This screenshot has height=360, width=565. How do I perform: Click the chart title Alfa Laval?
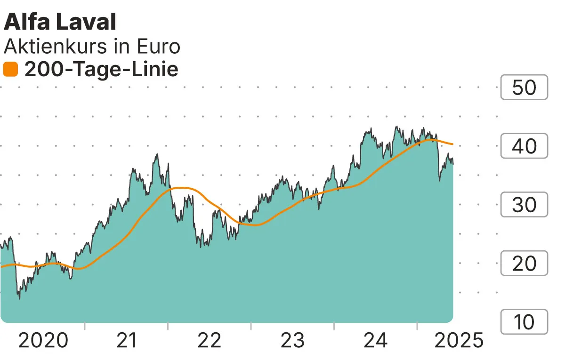[60, 22]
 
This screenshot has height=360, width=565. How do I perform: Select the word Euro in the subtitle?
[159, 47]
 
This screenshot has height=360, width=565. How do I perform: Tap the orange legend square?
[10, 70]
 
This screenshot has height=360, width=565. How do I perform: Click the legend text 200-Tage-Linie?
[101, 70]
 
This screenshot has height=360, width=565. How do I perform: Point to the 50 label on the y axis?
[524, 88]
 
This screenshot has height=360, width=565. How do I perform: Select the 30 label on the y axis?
[524, 205]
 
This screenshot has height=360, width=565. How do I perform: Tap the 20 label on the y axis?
[524, 264]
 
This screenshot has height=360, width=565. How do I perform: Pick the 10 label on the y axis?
[524, 322]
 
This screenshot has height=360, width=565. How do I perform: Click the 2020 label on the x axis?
[43, 340]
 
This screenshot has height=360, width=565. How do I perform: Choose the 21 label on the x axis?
[126, 340]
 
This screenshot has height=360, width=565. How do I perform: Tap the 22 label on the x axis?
[210, 340]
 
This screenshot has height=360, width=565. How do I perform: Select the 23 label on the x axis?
[292, 340]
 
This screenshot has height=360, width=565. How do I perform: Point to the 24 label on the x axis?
[376, 340]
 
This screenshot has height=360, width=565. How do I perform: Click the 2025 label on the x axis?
[458, 340]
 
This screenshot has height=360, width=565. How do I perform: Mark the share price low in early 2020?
[19, 298]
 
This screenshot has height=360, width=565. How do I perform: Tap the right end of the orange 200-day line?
[452, 144]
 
